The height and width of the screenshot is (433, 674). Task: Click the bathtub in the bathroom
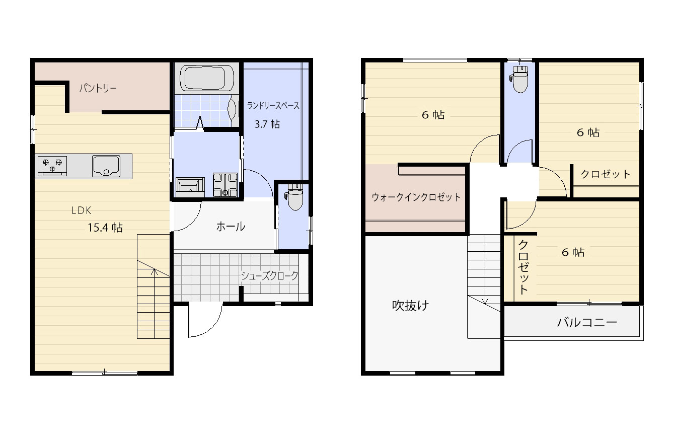tap(206, 78)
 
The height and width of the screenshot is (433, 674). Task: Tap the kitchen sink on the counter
tap(106, 166)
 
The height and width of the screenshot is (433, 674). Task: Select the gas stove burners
tap(52, 166)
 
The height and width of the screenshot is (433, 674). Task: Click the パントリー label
tap(98, 89)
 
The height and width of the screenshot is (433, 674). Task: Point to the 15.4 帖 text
tap(105, 228)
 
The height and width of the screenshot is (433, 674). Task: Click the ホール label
tap(231, 227)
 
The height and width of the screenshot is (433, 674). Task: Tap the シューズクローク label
tap(270, 275)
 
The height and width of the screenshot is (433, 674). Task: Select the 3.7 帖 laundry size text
tap(267, 124)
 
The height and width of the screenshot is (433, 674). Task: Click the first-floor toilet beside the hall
tap(294, 197)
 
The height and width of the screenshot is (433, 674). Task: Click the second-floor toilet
tap(520, 79)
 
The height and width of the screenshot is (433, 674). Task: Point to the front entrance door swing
tap(205, 320)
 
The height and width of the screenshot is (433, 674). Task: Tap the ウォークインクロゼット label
tap(416, 197)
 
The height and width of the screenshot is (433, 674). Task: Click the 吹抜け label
tap(410, 306)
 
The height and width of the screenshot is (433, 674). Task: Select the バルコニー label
tap(587, 323)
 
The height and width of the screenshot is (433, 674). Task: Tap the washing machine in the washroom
tap(225, 185)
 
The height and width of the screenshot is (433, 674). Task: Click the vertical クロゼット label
tap(523, 267)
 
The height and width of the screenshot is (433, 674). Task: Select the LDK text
tap(81, 210)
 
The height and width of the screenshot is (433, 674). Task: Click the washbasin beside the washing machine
tap(190, 187)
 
